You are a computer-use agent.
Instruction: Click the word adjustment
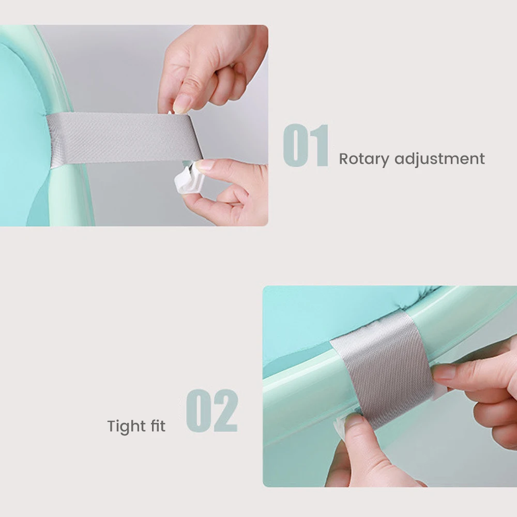pyautogui.click(x=439, y=159)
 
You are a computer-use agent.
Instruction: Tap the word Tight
pyautogui.click(x=127, y=427)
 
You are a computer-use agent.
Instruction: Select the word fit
pyautogui.click(x=158, y=425)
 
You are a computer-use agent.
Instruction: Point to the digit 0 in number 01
pyautogui.click(x=295, y=145)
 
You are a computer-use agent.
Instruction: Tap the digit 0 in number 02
pyautogui.click(x=199, y=410)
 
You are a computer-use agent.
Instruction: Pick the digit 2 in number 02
pyautogui.click(x=225, y=410)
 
